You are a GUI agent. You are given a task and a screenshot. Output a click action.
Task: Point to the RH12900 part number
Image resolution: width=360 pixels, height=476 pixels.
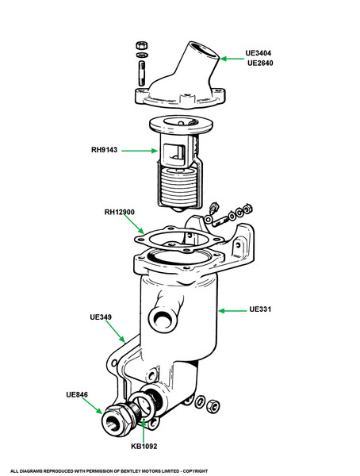pos(121,213)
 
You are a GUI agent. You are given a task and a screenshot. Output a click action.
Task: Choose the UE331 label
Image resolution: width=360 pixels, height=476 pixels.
pos(260,309)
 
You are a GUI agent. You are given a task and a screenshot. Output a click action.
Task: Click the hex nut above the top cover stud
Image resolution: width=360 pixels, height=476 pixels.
pos(141,45)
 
